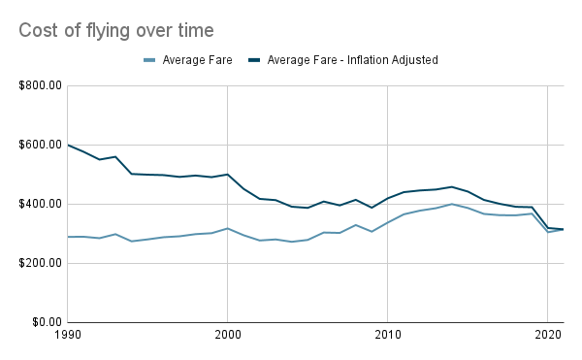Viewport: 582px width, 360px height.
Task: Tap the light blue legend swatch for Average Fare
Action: (x=150, y=60)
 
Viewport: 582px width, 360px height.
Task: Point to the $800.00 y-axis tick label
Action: (x=39, y=85)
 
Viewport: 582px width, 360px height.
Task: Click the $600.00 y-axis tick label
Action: (x=39, y=145)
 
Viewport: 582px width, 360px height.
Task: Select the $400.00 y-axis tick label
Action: (x=39, y=204)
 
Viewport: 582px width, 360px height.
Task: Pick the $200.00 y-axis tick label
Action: (x=39, y=263)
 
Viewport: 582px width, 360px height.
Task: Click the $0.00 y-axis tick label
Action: (x=45, y=322)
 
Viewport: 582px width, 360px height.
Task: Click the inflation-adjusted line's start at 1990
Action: (x=67, y=145)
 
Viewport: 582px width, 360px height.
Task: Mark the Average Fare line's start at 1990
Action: (x=67, y=237)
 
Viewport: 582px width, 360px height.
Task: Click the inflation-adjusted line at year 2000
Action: (x=227, y=175)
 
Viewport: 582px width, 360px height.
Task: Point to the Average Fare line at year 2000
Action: (x=227, y=228)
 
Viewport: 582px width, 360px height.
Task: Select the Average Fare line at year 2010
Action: (x=388, y=222)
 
